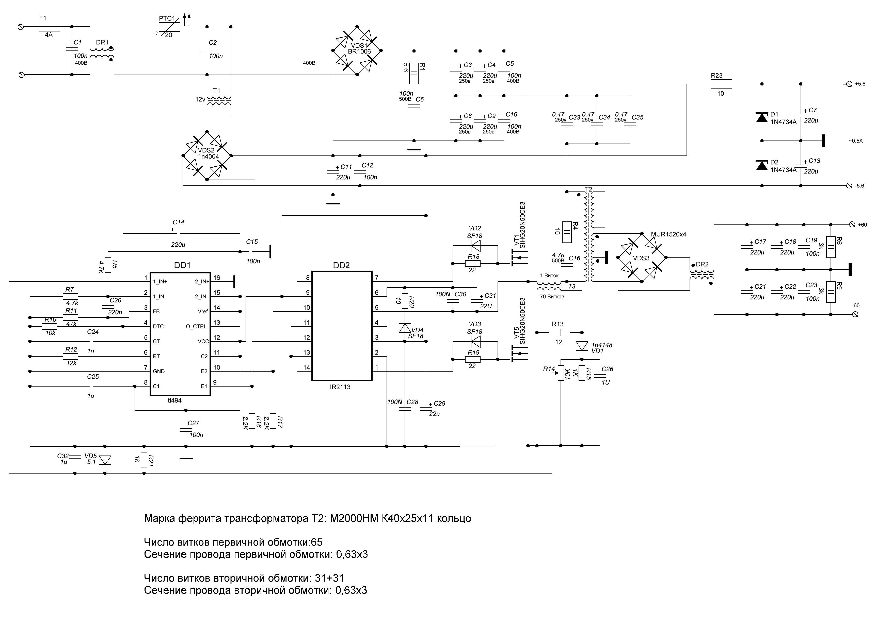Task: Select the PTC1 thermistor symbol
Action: pyautogui.click(x=169, y=26)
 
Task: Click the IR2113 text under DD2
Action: pyautogui.click(x=340, y=387)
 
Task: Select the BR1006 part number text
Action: pyautogui.click(x=359, y=51)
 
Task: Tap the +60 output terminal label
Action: pyautogui.click(x=862, y=225)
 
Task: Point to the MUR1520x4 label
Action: pyautogui.click(x=668, y=234)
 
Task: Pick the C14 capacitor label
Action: pyautogui.click(x=179, y=222)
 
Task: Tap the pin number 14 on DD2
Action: pyautogui.click(x=307, y=368)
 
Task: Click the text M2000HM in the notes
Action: pyautogui.click(x=354, y=519)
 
